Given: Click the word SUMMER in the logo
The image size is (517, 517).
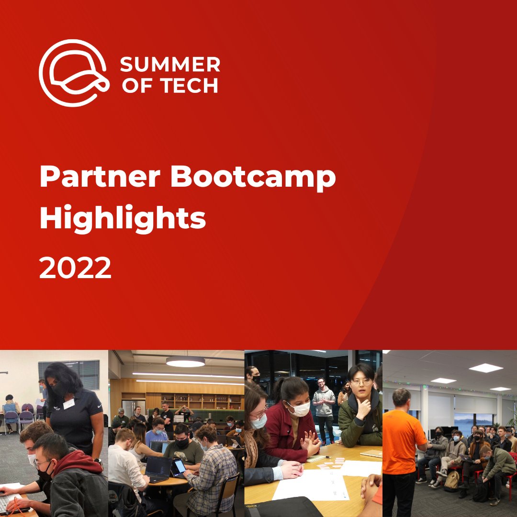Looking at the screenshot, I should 169,64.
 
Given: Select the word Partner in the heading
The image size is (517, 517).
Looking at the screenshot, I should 100,178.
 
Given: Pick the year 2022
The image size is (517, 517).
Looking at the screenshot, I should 75,268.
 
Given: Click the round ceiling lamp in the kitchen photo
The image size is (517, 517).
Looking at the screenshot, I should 185,362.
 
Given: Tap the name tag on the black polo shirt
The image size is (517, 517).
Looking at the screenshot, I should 69,404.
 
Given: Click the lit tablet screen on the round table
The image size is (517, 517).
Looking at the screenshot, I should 180,466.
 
